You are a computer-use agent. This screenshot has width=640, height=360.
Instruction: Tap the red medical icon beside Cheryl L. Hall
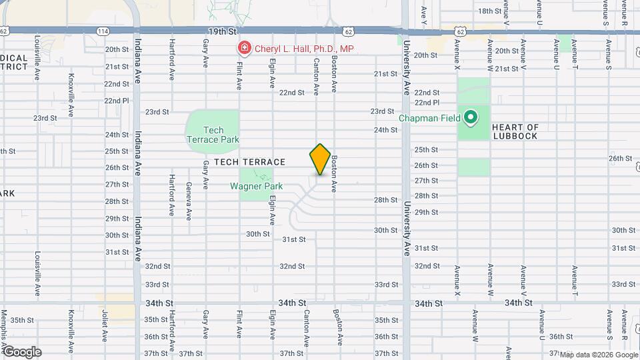tap(244, 49)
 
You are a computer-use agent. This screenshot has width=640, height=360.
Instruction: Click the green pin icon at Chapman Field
tap(471, 119)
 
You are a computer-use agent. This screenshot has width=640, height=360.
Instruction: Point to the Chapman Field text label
tap(430, 119)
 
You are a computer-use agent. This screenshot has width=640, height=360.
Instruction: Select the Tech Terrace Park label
tap(213, 135)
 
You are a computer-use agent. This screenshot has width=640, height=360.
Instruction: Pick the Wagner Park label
tap(257, 187)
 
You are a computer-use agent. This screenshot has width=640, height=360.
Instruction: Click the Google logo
tap(22, 351)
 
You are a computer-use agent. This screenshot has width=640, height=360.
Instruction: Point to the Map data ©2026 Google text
tap(598, 355)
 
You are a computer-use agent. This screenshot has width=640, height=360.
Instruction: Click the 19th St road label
tap(223, 31)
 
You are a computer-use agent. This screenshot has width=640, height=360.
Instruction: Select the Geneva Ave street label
tap(189, 201)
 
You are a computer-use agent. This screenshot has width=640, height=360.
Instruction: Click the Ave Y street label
tap(424, 13)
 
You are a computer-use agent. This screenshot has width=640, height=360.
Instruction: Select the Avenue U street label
tap(557, 54)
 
